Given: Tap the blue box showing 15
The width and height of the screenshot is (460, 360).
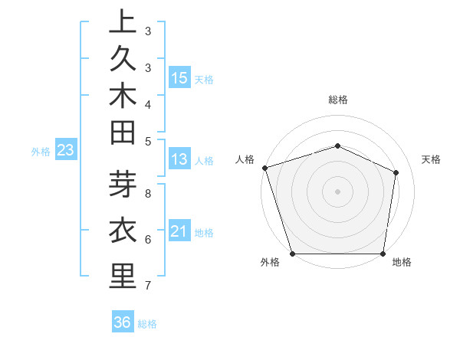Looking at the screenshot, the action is [x=179, y=78].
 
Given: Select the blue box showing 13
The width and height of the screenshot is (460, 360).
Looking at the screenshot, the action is [x=179, y=159].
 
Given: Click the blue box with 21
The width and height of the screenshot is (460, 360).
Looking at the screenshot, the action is [x=179, y=231].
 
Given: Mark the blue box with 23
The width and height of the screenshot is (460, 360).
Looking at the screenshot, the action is [x=66, y=151].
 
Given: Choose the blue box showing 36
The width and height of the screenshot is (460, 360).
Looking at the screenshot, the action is [x=122, y=322].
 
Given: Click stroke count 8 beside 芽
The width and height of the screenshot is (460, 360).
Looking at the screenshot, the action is [x=148, y=193].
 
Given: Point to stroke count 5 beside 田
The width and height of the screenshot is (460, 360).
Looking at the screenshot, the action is [x=148, y=140].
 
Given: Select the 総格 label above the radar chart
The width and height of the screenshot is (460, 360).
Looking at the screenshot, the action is [x=337, y=100].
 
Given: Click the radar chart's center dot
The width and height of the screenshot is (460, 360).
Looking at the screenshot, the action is [x=337, y=191].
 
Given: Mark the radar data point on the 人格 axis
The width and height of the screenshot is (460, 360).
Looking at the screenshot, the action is [x=264, y=168].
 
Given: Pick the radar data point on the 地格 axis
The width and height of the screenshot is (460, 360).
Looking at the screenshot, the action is [x=383, y=254].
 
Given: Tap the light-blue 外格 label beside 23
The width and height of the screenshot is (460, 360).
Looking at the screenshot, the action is [x=41, y=152].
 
